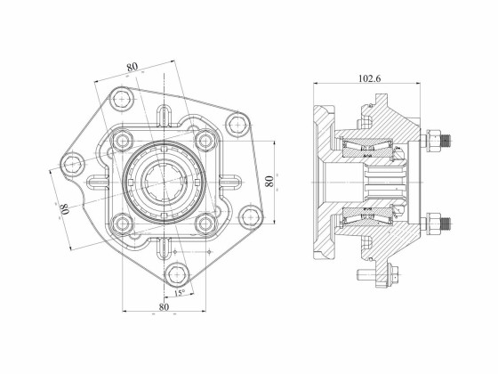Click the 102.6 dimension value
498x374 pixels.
coord(370,78)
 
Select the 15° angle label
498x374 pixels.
coord(179,292)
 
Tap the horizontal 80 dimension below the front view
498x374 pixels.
coord(164,307)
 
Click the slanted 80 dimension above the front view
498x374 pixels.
coord(133,66)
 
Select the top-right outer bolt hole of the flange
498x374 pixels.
coord(238,126)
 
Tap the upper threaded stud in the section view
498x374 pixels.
coord(442,140)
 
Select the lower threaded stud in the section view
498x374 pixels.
coord(442,222)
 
